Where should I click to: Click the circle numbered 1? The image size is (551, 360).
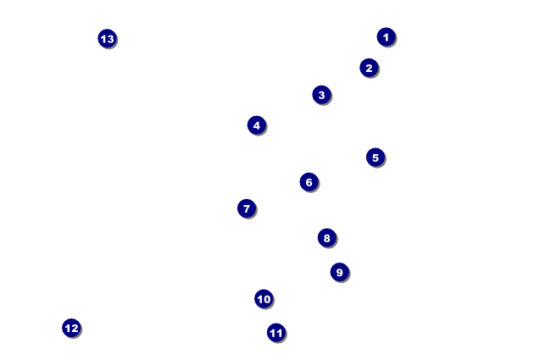[386, 37]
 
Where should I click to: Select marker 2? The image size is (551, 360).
[368, 68]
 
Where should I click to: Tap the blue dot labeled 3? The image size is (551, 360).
[320, 95]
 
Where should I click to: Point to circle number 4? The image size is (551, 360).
[256, 125]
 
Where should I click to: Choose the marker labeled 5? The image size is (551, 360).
[375, 158]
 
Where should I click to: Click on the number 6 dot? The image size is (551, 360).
[309, 182]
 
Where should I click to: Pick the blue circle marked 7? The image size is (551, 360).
[246, 208]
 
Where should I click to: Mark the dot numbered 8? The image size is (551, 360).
[326, 238]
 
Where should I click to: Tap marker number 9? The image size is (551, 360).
[339, 272]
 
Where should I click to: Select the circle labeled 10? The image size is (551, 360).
[264, 299]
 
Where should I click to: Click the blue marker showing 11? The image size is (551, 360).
[275, 333]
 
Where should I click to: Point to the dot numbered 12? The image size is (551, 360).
[71, 328]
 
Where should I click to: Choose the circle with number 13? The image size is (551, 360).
[107, 39]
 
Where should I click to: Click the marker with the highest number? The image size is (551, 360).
[107, 39]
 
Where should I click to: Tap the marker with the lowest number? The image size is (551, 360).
[386, 37]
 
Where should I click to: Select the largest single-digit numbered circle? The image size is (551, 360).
[339, 272]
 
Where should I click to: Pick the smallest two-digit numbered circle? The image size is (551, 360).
[264, 299]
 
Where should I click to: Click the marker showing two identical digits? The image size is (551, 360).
[275, 333]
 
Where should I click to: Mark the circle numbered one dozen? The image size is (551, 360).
[71, 328]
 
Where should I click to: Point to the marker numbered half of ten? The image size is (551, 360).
[375, 158]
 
